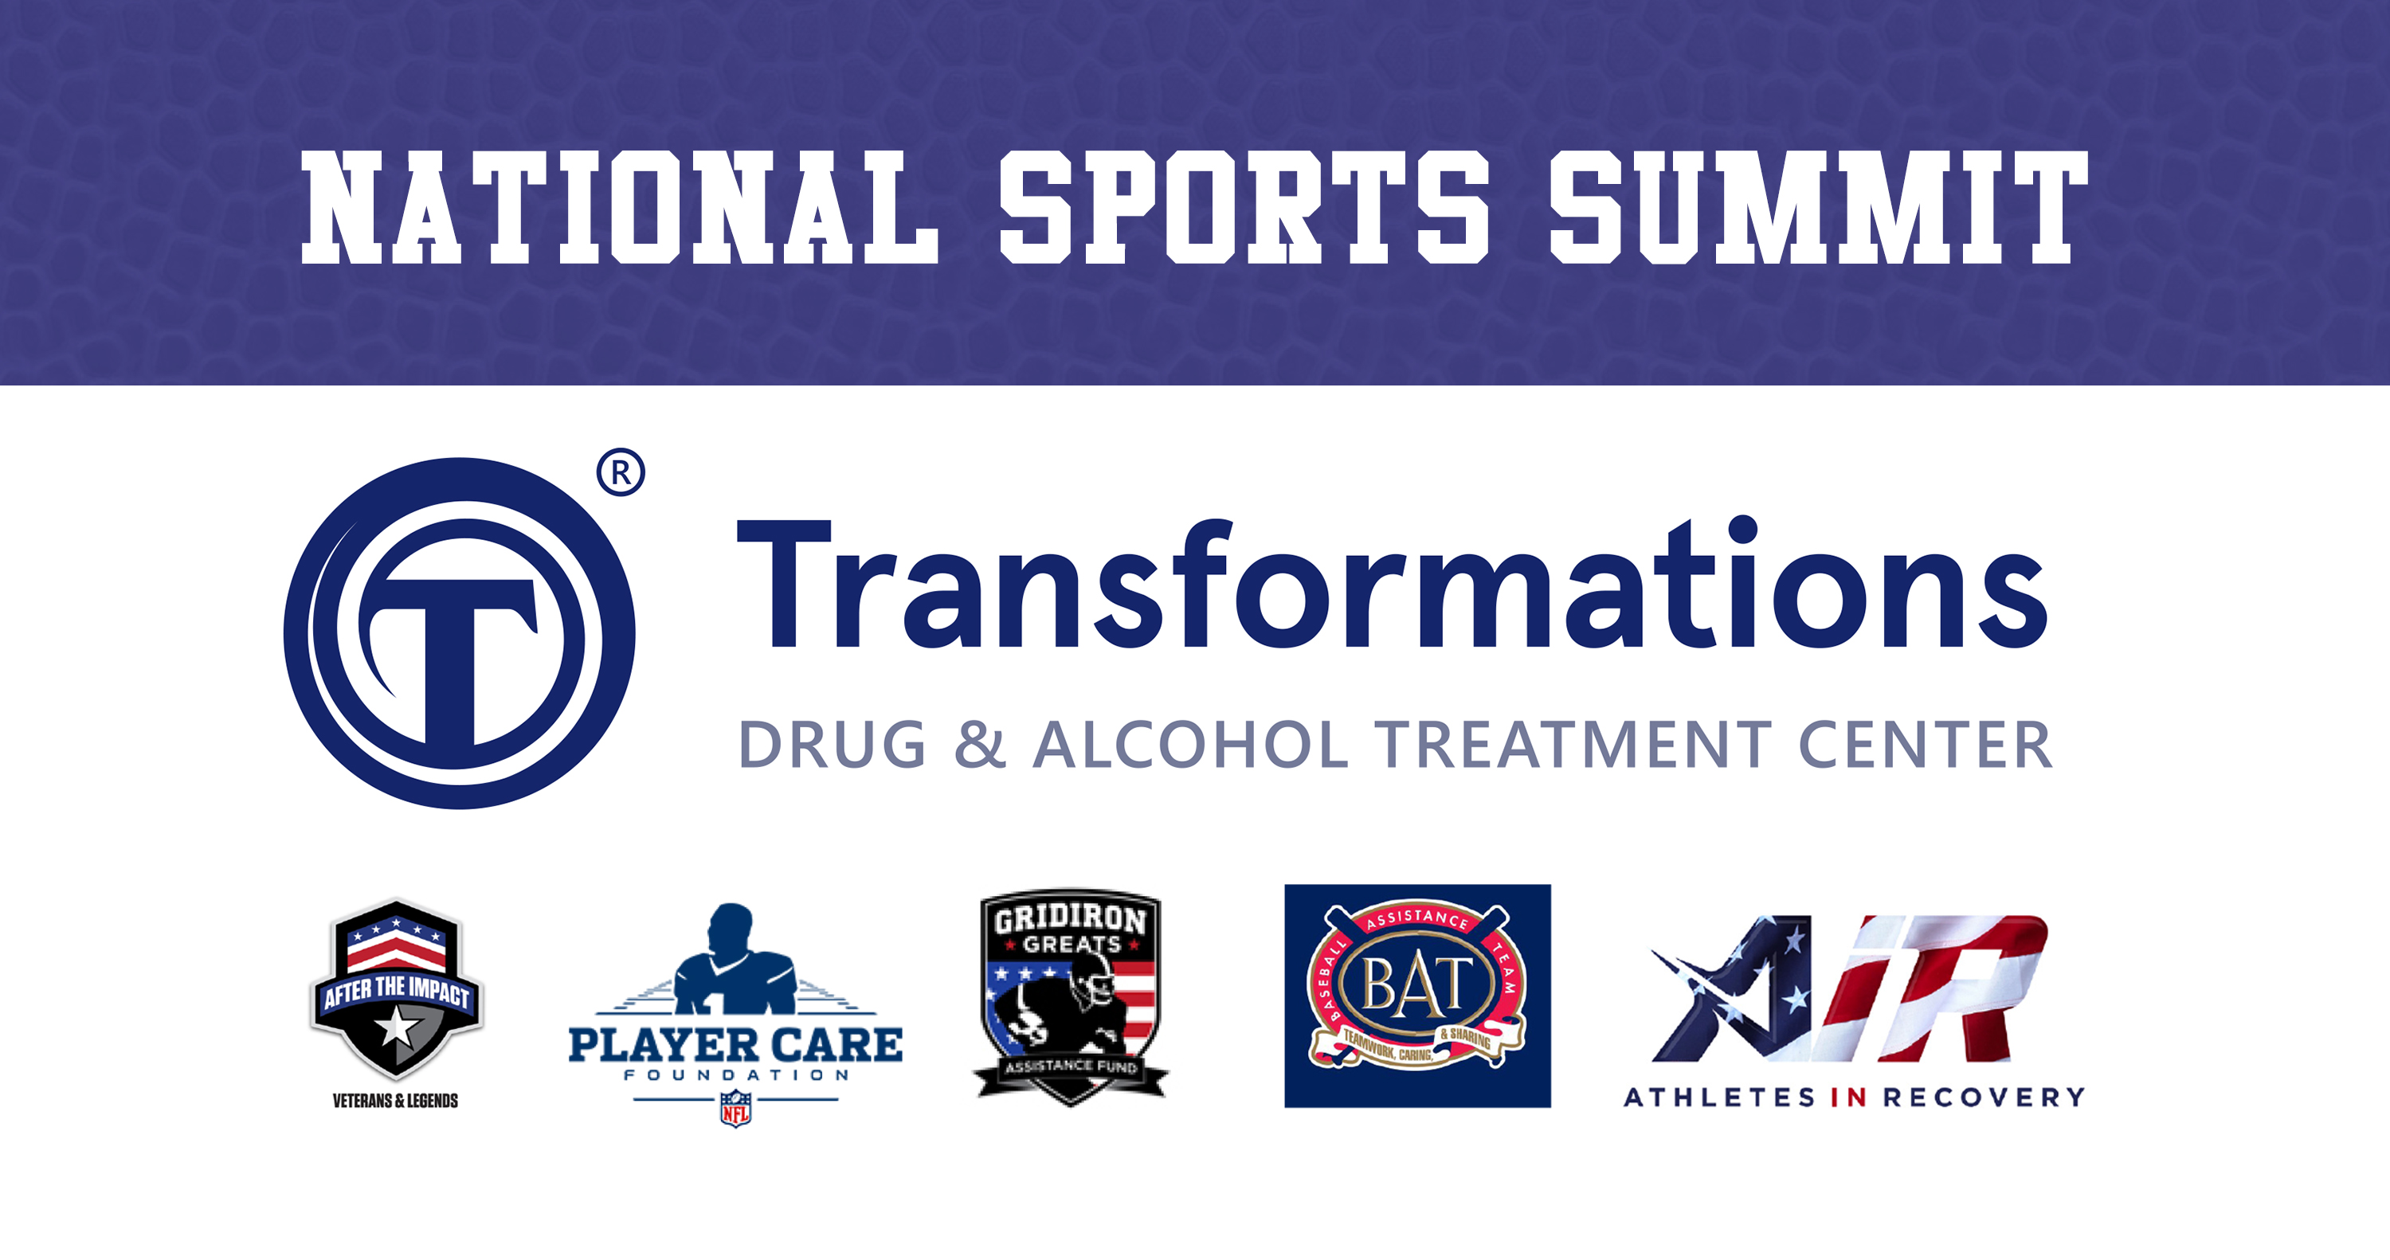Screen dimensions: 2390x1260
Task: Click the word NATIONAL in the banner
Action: point(620,207)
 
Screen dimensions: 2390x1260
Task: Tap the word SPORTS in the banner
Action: point(1244,207)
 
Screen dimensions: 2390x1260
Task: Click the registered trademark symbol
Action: point(621,473)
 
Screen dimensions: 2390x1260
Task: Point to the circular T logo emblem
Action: point(459,634)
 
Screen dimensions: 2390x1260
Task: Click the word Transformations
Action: point(1393,583)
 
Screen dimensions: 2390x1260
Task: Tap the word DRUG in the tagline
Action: point(833,744)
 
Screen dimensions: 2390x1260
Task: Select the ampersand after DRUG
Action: point(980,744)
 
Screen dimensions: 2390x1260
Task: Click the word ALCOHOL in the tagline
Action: point(1191,744)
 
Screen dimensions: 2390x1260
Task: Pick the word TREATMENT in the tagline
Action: point(1573,744)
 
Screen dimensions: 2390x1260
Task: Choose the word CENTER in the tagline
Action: point(1926,744)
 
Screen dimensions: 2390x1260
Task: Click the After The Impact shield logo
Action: point(396,990)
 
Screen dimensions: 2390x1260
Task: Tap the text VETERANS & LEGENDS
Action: point(396,1102)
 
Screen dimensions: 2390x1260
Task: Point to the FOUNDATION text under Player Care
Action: point(736,1075)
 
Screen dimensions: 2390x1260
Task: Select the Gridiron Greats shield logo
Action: point(1071,997)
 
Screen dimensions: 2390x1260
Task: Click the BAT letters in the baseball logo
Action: point(1416,985)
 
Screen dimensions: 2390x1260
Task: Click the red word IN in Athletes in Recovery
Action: point(1848,1098)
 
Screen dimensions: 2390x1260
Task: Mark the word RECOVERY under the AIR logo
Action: point(1984,1098)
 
